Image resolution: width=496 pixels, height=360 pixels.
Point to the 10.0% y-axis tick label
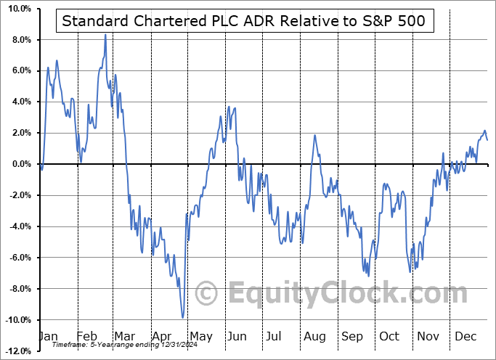pyautogui.click(x=17, y=9)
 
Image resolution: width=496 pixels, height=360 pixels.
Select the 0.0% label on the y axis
pyautogui.click(x=20, y=164)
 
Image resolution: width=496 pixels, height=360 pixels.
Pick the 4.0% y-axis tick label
pyautogui.click(x=20, y=102)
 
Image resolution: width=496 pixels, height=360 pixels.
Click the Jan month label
pyautogui.click(x=47, y=337)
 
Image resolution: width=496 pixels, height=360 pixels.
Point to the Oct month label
pyautogui.click(x=390, y=337)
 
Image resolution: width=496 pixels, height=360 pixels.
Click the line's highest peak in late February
pyautogui.click(x=105, y=35)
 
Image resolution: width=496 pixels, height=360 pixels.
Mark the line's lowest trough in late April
pyautogui.click(x=182, y=317)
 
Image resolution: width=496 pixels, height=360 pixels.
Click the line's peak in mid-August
pyautogui.click(x=314, y=135)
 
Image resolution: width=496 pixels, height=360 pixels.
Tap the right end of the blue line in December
pyautogui.click(x=487, y=140)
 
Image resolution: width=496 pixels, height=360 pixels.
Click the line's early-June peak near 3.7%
pyautogui.click(x=229, y=107)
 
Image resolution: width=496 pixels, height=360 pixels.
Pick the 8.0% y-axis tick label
pyautogui.click(x=20, y=39)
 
